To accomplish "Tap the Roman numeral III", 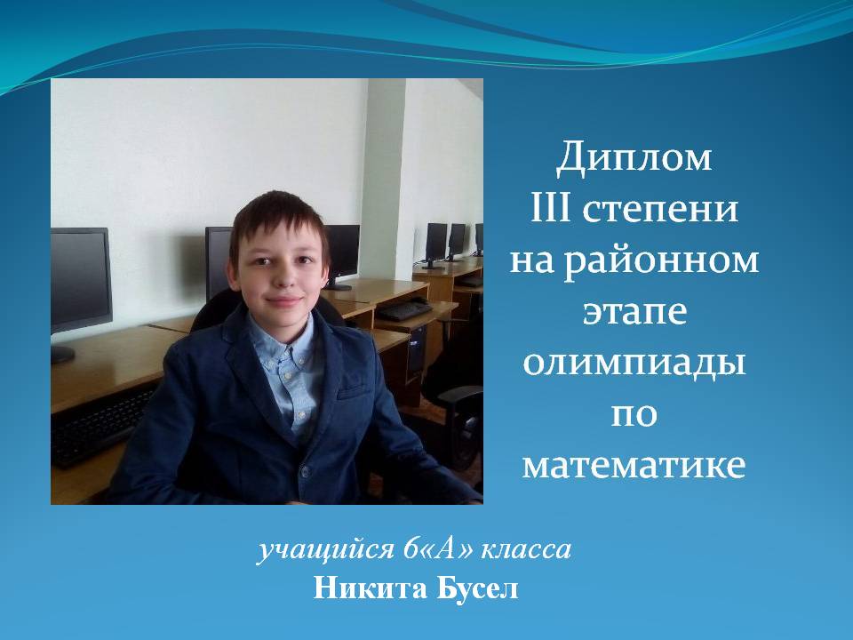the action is (x=551, y=209).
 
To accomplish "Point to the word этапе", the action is (x=634, y=313).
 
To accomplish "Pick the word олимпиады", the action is (x=634, y=364).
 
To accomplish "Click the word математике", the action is (x=634, y=466).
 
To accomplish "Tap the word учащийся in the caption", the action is (x=325, y=551).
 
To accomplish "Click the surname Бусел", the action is (x=474, y=588).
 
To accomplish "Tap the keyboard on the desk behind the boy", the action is (x=403, y=311).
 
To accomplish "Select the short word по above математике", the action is (x=634, y=415).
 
